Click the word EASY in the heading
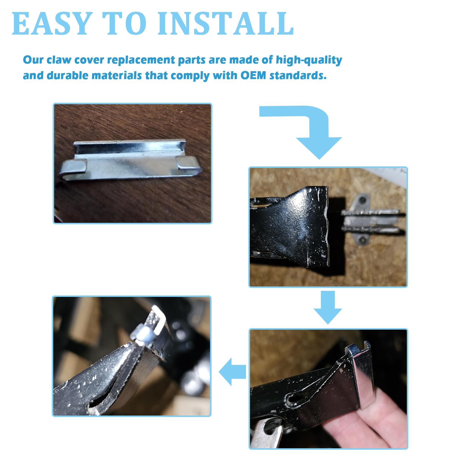51,24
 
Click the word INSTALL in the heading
226,24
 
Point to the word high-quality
309,60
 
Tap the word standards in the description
298,75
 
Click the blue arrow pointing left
232,372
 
